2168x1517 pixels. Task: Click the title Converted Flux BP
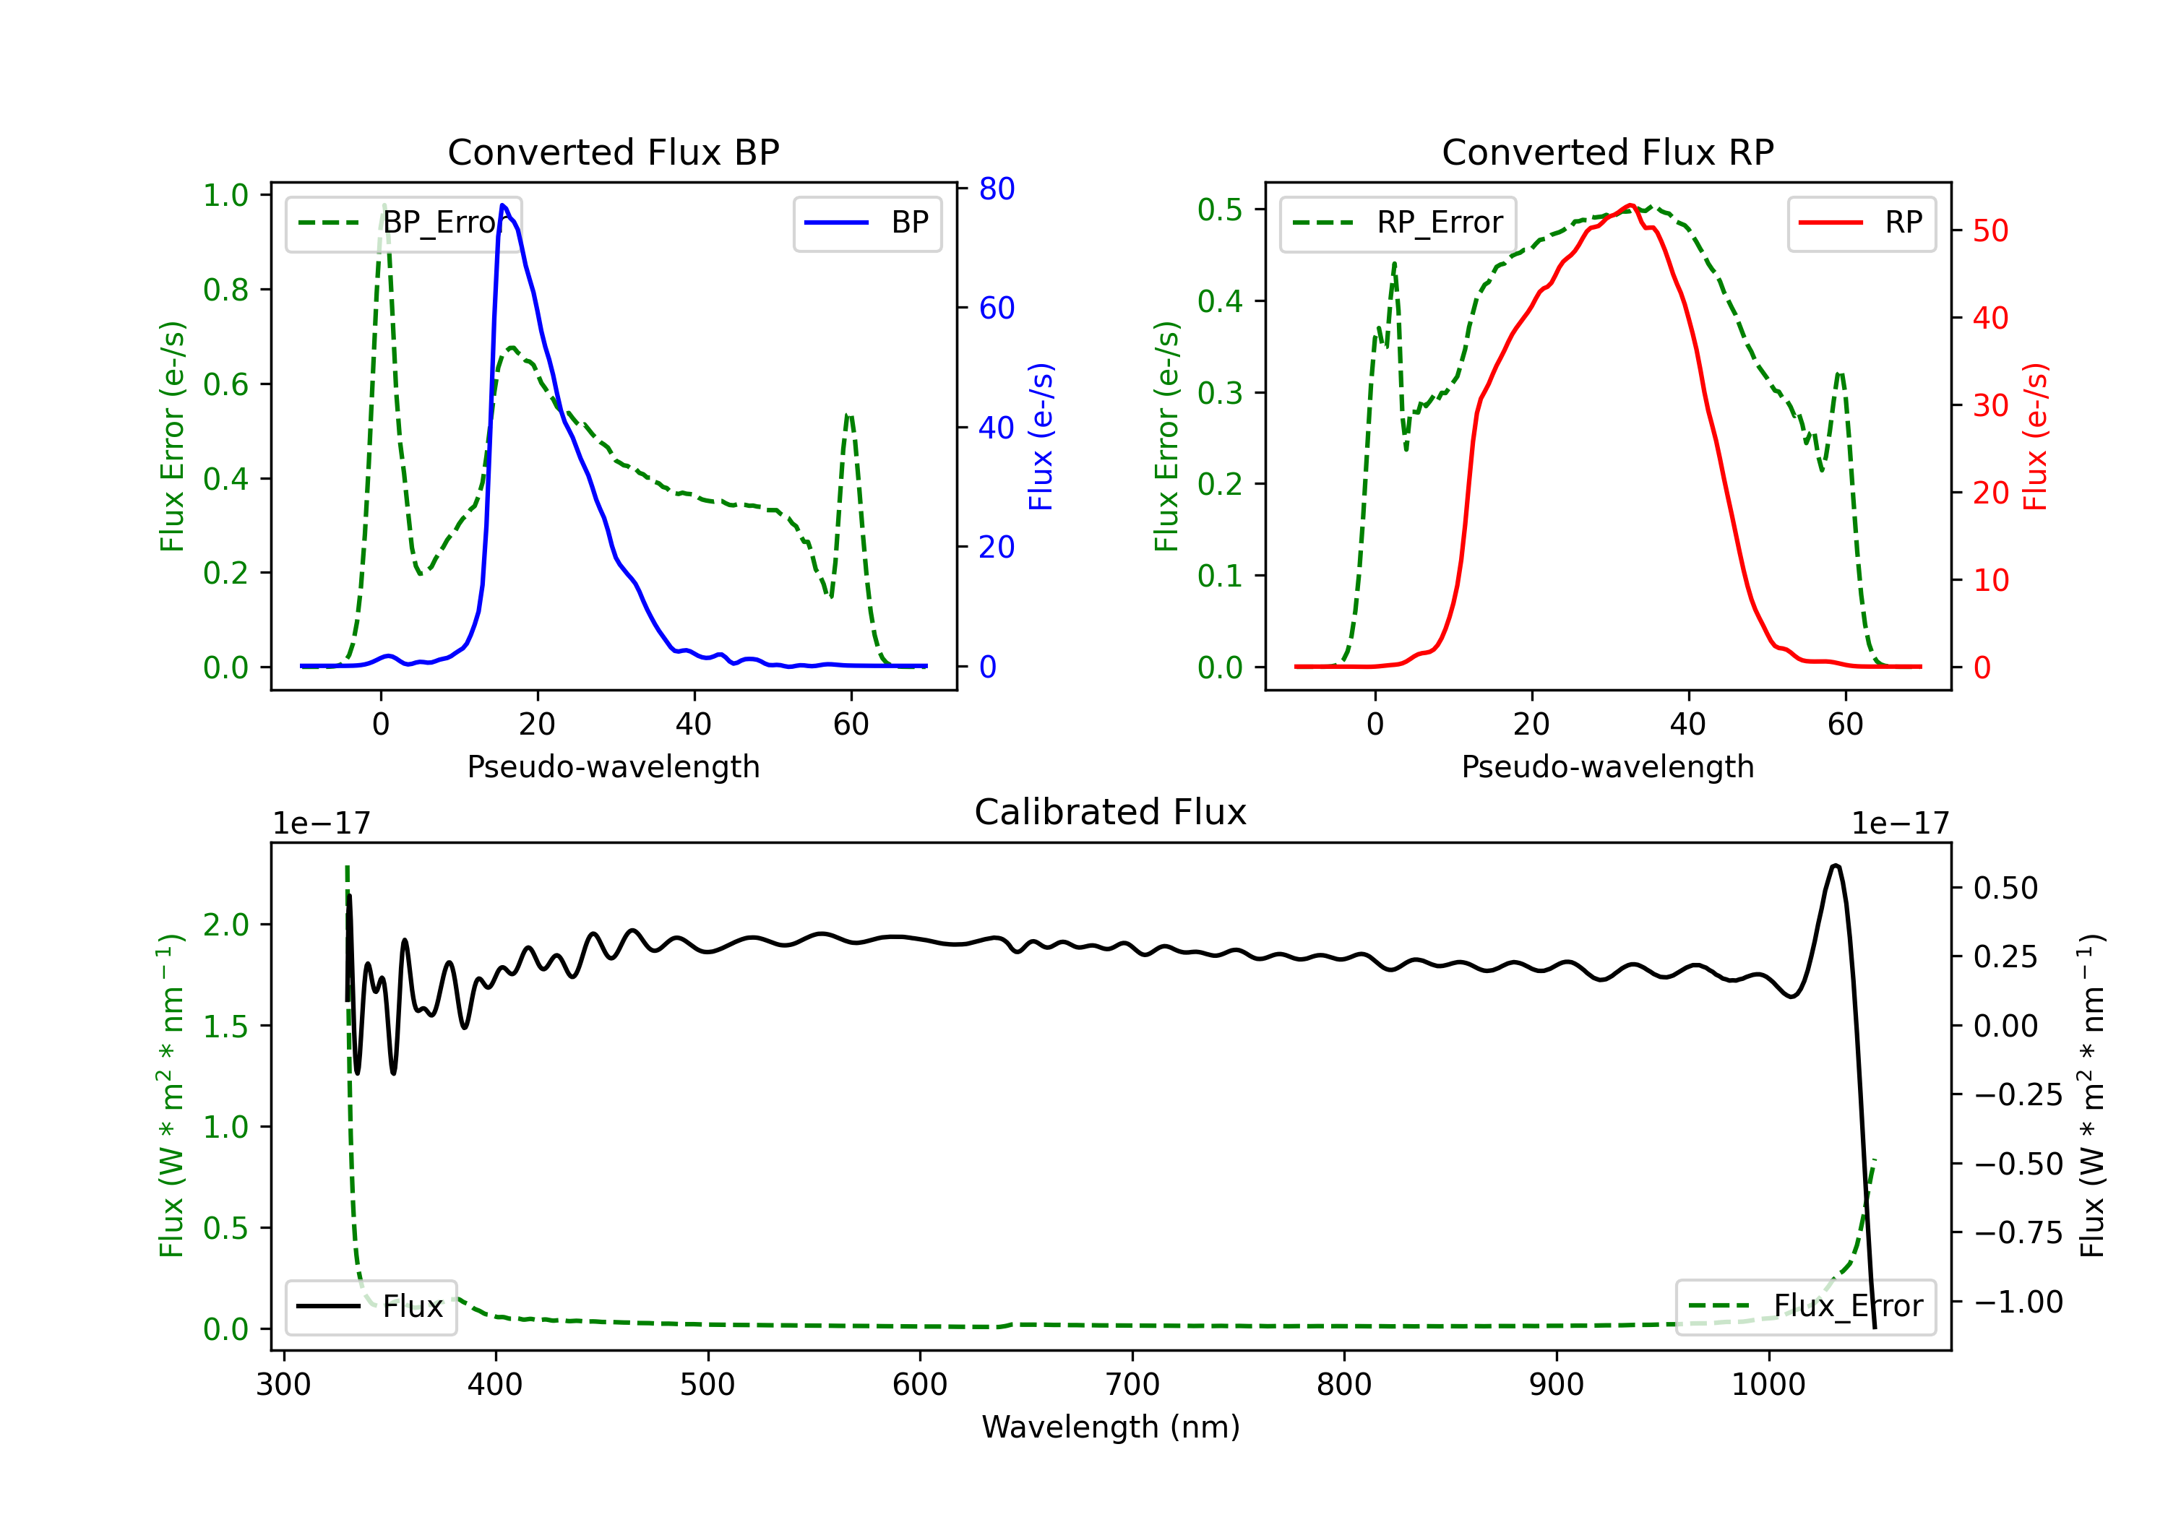613,152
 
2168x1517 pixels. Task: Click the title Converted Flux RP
1607,152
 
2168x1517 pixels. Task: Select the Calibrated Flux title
1111,812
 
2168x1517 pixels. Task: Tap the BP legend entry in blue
866,222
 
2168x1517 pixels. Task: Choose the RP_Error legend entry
1398,222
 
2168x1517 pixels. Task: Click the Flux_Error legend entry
1805,1307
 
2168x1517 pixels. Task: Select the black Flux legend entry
370,1307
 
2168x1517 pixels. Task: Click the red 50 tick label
1990,231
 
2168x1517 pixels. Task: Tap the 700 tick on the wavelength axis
1132,1385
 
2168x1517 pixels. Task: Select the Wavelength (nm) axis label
1111,1427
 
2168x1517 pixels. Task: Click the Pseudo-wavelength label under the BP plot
613,766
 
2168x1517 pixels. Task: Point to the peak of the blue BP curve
502,205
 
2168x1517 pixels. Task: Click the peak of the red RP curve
1631,205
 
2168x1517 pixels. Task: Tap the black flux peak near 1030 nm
1835,865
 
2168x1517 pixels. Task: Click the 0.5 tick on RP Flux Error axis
1220,209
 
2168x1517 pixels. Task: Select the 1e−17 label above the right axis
1900,824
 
